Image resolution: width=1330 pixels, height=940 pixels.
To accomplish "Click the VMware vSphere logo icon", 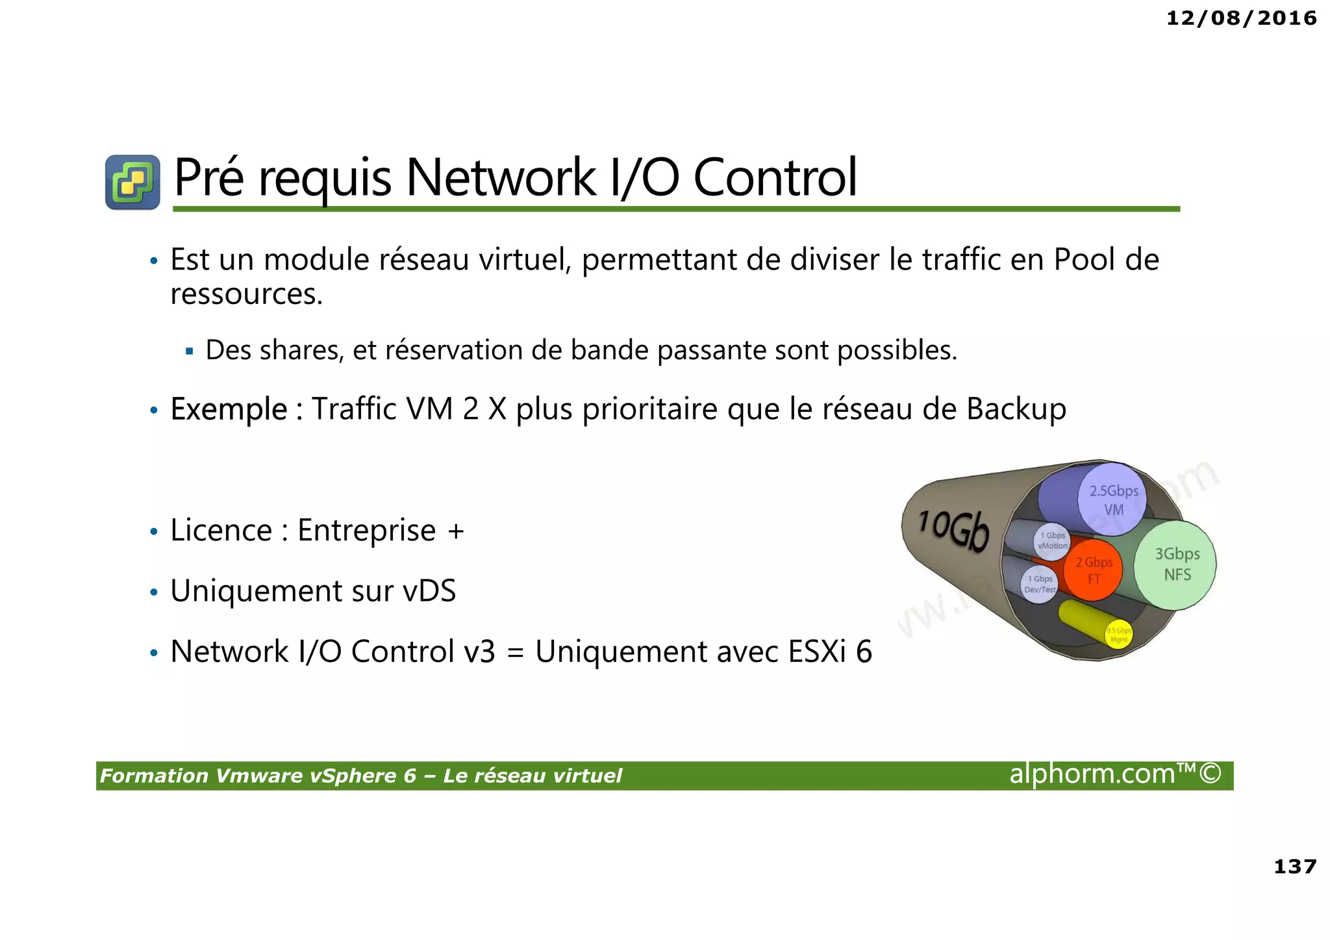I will pyautogui.click(x=132, y=182).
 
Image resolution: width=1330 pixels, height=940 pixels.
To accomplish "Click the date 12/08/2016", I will pyautogui.click(x=1241, y=18).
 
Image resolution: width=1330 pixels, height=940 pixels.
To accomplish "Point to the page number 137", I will pyautogui.click(x=1295, y=867).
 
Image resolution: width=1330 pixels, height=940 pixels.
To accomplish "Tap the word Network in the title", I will pyautogui.click(x=500, y=178).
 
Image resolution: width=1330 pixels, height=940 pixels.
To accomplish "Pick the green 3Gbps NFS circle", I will pyautogui.click(x=1176, y=565).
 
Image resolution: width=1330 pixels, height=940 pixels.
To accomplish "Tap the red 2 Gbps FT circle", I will pyautogui.click(x=1094, y=570).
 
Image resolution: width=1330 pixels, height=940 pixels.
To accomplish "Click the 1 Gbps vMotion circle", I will pyautogui.click(x=1052, y=540).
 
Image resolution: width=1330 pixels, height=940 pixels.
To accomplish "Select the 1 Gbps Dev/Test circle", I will pyautogui.click(x=1040, y=584).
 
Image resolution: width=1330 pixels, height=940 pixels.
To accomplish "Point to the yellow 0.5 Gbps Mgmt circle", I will pyautogui.click(x=1118, y=635).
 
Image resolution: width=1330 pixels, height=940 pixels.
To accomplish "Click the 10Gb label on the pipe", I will pyautogui.click(x=953, y=529).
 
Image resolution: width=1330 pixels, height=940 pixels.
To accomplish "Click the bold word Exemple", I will pyautogui.click(x=229, y=410).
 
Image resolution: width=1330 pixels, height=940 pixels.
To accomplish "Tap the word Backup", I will pyautogui.click(x=1016, y=410).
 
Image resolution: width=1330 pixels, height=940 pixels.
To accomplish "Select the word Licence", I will pyautogui.click(x=221, y=531).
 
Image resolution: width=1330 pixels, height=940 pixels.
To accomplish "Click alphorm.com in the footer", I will pyautogui.click(x=1092, y=774).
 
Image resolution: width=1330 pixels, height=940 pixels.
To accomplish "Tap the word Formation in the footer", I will pyautogui.click(x=154, y=776).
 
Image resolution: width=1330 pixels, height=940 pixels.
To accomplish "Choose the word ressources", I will pyautogui.click(x=246, y=294).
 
